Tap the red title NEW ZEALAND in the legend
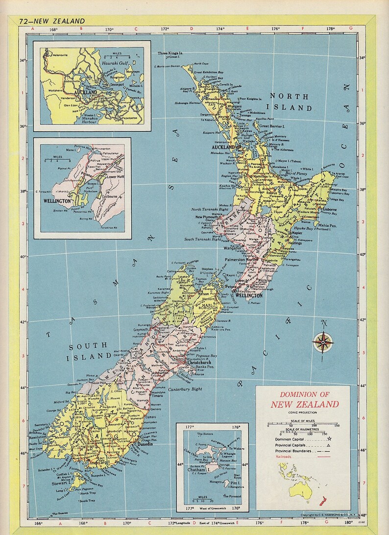pos(304,404)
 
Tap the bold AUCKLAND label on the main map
pos(223,146)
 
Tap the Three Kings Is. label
pos(170,53)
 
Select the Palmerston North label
pos(241,259)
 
